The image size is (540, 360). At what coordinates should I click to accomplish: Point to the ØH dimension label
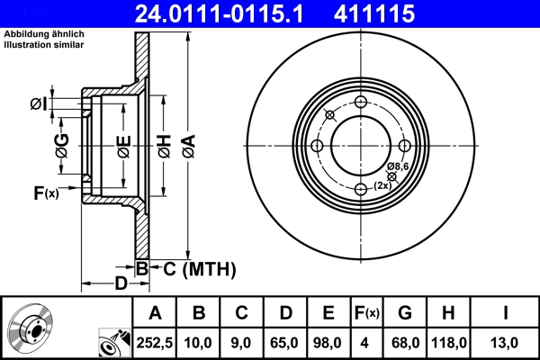coord(164,143)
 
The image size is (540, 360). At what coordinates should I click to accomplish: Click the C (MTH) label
coord(193,268)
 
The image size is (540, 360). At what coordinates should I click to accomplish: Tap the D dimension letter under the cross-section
coord(120,284)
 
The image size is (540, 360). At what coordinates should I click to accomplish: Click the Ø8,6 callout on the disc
coord(399,167)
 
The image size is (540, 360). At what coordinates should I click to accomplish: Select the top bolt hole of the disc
coord(360,103)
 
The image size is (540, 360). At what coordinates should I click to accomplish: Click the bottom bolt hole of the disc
coord(360,188)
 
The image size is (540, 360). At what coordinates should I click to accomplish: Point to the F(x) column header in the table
coord(367,312)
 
